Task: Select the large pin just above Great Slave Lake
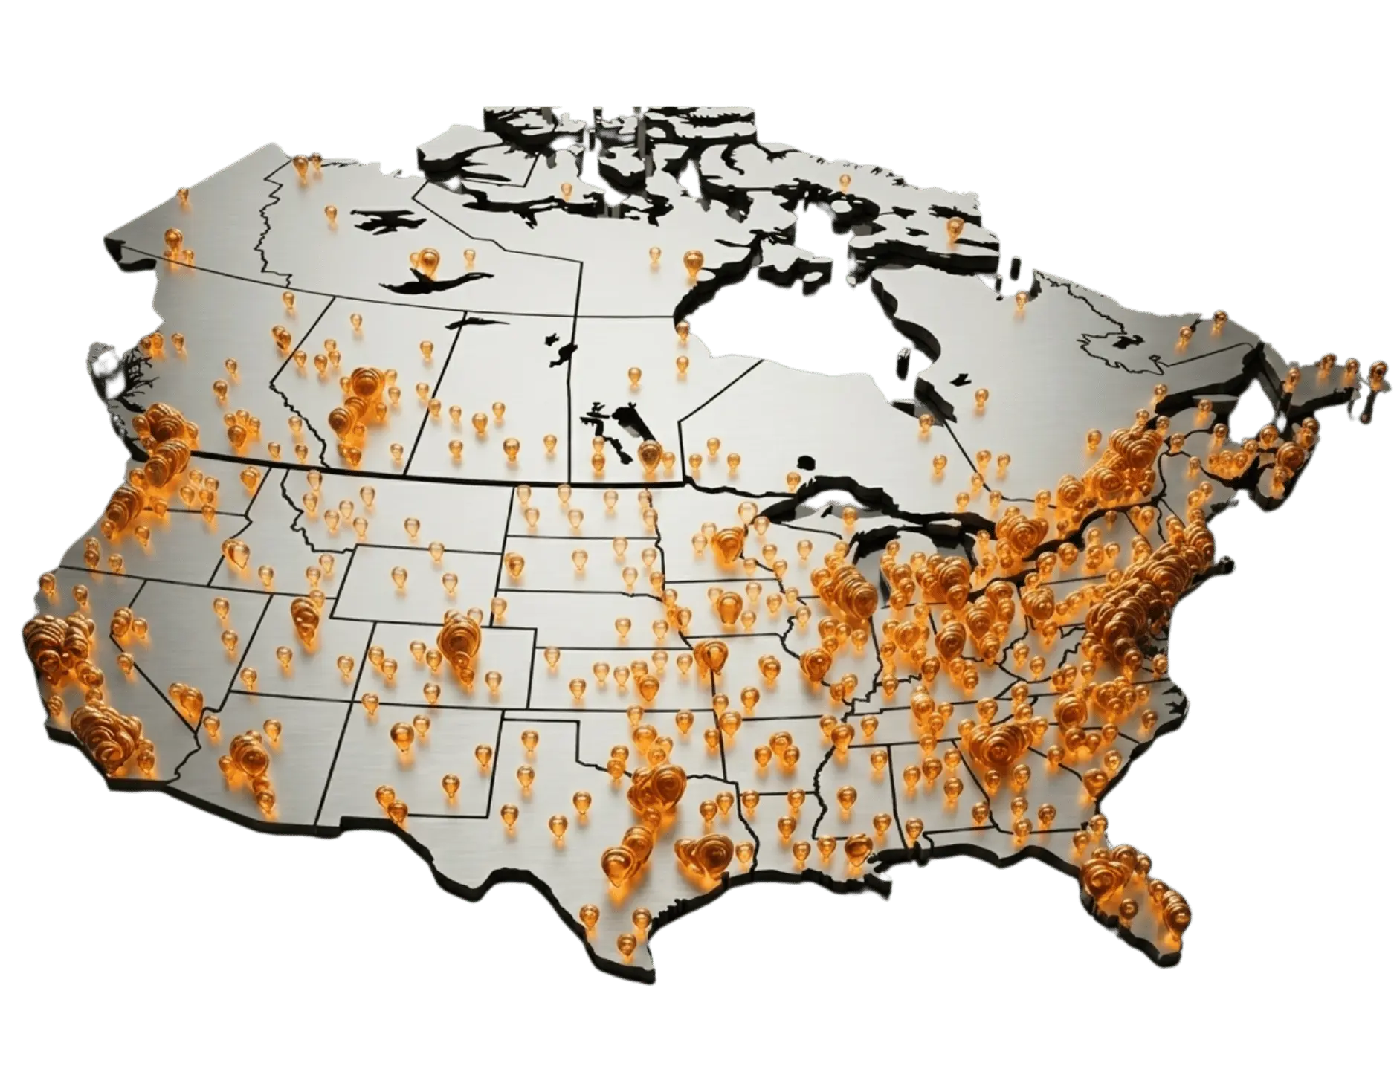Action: point(428,261)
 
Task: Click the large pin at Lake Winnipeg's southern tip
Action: point(648,453)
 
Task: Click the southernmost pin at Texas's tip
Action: point(627,944)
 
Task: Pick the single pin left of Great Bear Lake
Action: point(331,215)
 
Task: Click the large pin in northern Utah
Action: point(304,614)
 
